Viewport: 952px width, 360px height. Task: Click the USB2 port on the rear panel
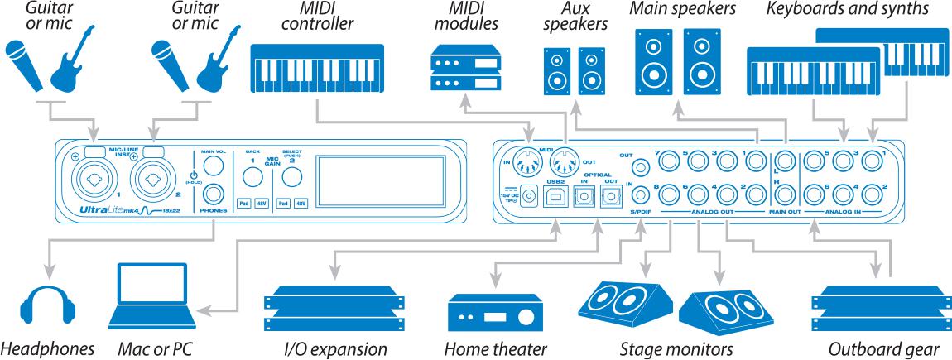pyautogui.click(x=552, y=196)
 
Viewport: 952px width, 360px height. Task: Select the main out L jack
pyautogui.click(x=784, y=160)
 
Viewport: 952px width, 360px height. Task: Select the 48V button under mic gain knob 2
pyautogui.click(x=301, y=202)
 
